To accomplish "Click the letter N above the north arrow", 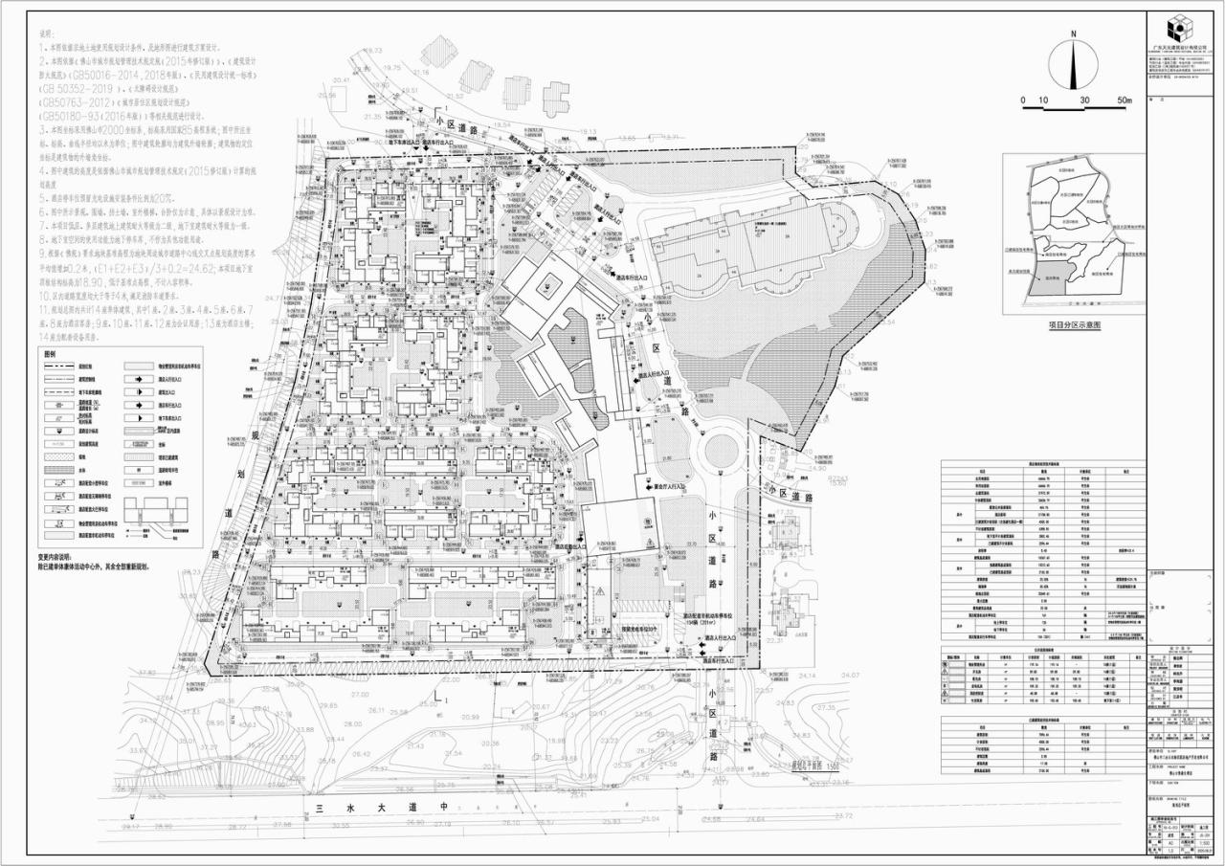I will point(1074,33).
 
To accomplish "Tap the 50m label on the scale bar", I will point(1122,100).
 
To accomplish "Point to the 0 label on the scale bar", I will point(1023,100).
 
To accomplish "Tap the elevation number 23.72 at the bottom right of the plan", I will point(843,815).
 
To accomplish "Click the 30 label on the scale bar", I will point(1083,100).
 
